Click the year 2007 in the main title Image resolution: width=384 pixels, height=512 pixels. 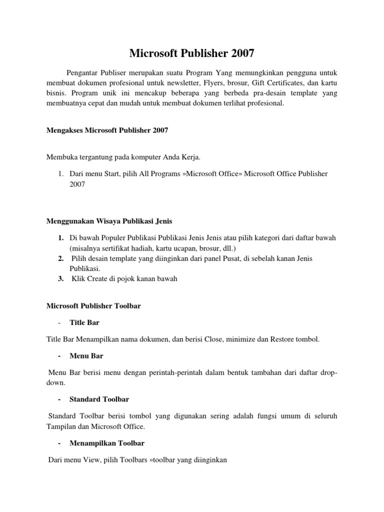click(x=239, y=53)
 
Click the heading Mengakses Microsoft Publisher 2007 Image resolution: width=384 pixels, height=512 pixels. click(x=107, y=130)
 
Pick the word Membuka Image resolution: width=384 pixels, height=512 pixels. click(x=60, y=157)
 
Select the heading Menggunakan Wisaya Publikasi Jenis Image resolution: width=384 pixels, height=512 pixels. click(x=109, y=220)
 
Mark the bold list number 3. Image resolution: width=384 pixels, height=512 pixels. click(x=60, y=279)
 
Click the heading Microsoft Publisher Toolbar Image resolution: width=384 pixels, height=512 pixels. click(x=93, y=305)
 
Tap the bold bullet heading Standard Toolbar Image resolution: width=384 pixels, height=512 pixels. click(x=99, y=399)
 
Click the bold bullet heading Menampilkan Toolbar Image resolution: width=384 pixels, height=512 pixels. click(x=107, y=443)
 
